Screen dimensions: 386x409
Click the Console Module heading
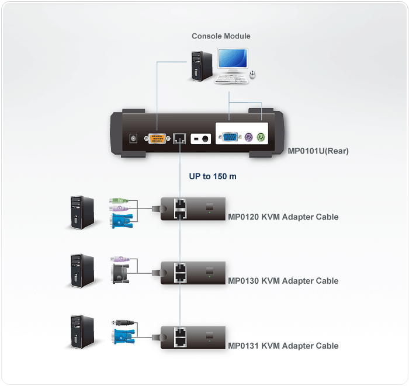point(221,36)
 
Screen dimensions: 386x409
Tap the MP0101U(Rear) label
point(318,151)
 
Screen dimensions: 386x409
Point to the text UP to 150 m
point(213,176)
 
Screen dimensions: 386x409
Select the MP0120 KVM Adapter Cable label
point(283,217)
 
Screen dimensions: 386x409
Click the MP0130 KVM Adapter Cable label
point(283,281)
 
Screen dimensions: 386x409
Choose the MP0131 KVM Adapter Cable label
point(283,346)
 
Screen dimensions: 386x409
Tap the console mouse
point(253,75)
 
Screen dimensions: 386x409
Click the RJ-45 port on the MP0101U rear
point(179,138)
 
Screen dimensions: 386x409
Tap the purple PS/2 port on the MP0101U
point(248,138)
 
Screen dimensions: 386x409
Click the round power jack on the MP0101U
point(134,138)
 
